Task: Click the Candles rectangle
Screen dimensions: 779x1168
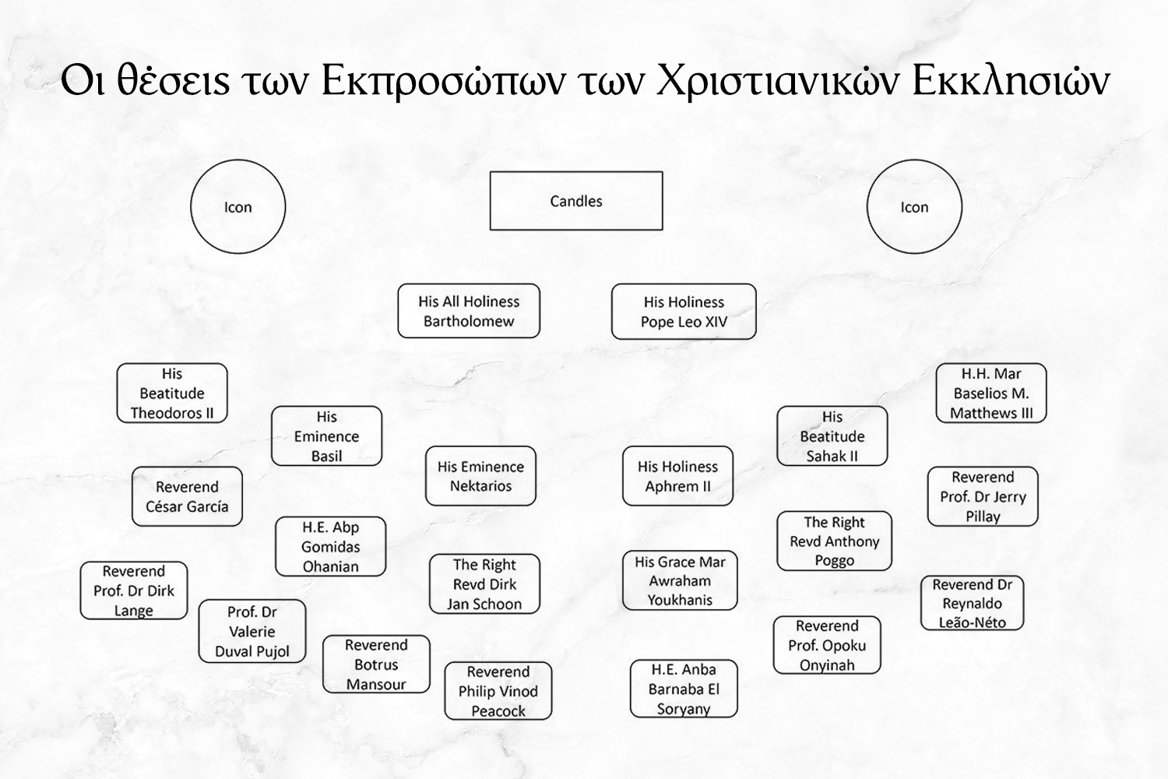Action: [x=576, y=201]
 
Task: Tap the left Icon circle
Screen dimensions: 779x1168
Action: [x=238, y=206]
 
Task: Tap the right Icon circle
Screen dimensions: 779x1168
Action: [x=914, y=206]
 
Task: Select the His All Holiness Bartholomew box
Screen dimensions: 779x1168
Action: [x=469, y=311]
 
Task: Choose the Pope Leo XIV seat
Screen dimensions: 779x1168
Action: [x=684, y=312]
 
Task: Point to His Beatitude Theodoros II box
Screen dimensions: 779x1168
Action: [x=172, y=393]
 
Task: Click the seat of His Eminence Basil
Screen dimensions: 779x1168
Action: [x=326, y=436]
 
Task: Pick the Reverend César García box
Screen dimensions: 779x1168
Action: [x=187, y=496]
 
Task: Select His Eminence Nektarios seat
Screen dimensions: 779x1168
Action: [x=480, y=476]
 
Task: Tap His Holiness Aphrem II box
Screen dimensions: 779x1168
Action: [x=677, y=476]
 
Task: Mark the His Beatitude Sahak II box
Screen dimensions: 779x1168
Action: [x=832, y=436]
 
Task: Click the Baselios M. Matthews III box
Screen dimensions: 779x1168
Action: [x=990, y=393]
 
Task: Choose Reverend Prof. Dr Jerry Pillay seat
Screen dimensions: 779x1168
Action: [x=983, y=496]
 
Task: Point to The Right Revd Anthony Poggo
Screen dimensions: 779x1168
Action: [x=834, y=541]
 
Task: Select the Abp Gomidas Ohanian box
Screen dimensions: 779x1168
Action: [x=330, y=547]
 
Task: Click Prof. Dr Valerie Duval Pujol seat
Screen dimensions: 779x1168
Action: [x=252, y=631]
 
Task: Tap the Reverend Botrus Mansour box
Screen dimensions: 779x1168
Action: [x=376, y=664]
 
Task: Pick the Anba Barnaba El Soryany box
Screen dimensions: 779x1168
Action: [x=684, y=689]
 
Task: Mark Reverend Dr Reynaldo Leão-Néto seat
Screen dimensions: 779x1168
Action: [x=972, y=603]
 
